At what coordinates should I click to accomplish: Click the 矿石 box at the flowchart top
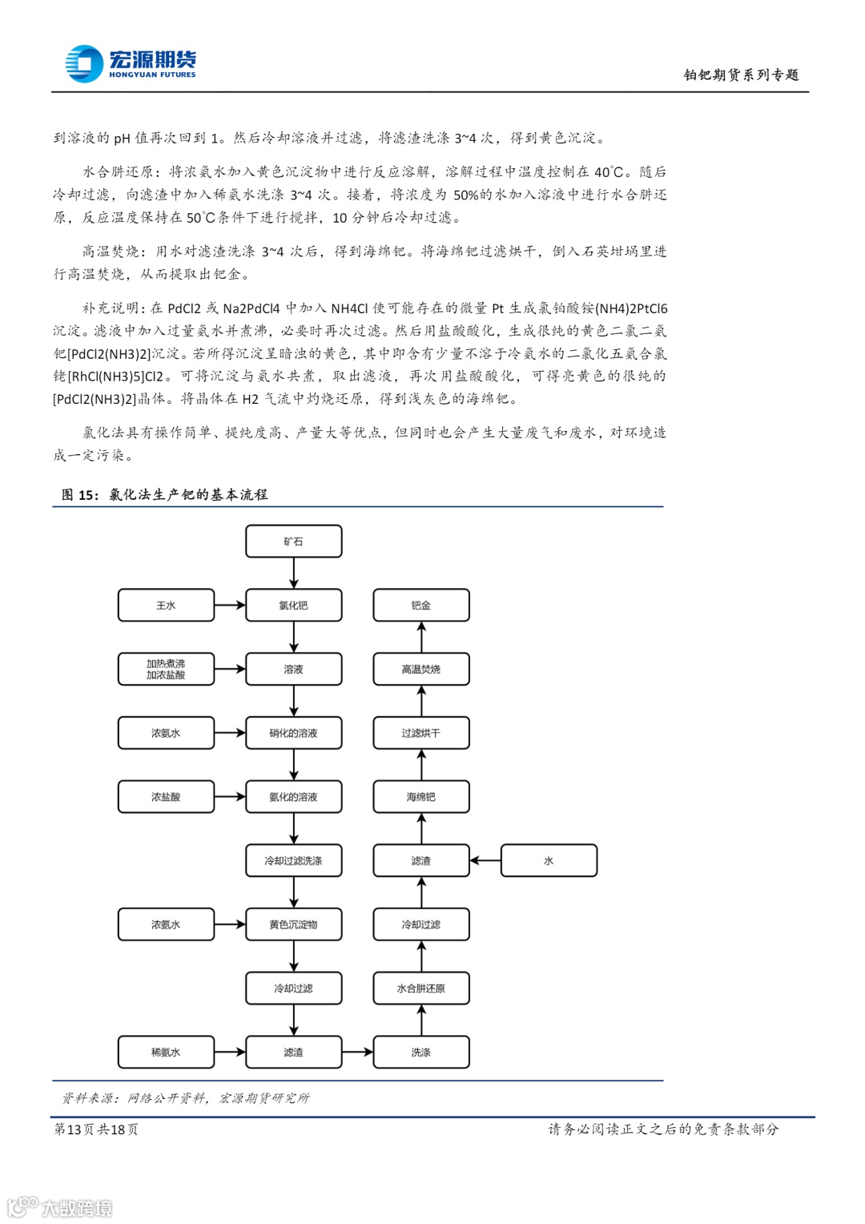point(293,542)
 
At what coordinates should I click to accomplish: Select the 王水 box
point(166,606)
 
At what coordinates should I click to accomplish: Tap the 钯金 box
point(421,606)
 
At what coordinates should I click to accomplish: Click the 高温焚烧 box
point(421,669)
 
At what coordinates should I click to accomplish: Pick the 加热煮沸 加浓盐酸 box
point(166,669)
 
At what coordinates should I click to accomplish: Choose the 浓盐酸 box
point(166,797)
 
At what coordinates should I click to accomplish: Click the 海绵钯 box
point(421,797)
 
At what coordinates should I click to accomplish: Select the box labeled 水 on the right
point(549,860)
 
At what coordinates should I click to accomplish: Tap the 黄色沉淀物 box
point(293,924)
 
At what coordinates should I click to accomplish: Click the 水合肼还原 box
point(421,988)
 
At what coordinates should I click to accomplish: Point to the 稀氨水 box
point(166,1052)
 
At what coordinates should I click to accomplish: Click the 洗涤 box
point(421,1052)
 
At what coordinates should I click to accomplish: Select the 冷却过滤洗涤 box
point(293,860)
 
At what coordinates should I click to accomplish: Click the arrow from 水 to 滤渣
point(485,860)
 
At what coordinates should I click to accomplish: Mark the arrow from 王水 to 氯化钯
point(230,606)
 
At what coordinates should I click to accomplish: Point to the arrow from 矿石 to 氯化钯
point(294,574)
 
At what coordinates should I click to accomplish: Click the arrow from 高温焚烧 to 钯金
point(421,637)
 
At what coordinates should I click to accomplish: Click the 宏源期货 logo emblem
point(85,64)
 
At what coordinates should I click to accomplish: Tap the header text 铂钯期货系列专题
point(741,74)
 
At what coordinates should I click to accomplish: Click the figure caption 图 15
point(164,494)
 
